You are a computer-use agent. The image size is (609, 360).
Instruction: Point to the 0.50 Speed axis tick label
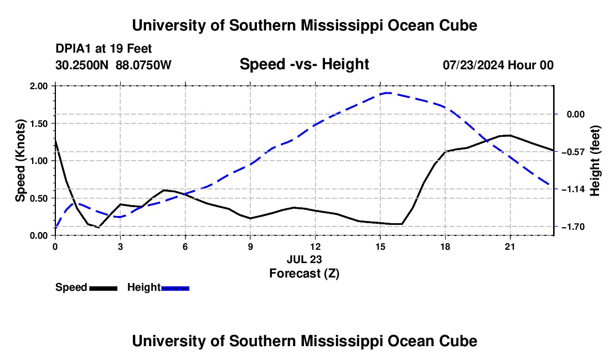tap(39, 198)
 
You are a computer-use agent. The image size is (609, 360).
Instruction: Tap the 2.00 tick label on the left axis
tap(39, 86)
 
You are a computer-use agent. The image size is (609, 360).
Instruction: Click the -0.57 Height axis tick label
tap(573, 152)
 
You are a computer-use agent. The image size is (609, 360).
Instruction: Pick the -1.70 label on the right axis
tap(573, 227)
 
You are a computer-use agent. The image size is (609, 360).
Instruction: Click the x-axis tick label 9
tap(250, 246)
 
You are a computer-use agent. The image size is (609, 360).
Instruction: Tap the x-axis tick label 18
tap(445, 246)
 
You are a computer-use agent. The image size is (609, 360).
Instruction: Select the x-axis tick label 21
tap(510, 246)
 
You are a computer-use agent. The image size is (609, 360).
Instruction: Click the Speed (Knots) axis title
tap(20, 161)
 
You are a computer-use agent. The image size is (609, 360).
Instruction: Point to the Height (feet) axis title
tap(595, 161)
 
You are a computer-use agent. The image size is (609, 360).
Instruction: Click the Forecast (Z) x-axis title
tap(304, 274)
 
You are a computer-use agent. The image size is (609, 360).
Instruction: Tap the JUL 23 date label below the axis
tap(304, 259)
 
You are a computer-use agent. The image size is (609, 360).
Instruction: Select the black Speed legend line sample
tap(104, 289)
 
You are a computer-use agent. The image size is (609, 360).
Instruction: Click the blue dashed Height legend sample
tap(175, 289)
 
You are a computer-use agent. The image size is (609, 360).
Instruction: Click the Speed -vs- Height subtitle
tap(304, 64)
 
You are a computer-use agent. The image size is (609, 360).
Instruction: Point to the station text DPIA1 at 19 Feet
tap(104, 49)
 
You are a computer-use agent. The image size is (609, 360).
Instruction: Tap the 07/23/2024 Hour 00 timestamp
tap(498, 65)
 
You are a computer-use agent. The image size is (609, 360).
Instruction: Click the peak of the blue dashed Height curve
tap(386, 93)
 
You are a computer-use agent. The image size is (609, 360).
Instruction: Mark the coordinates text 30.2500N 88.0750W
tap(113, 65)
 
